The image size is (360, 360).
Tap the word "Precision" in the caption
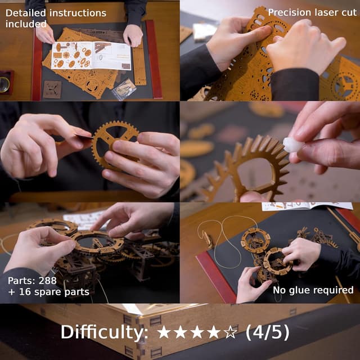point(290,12)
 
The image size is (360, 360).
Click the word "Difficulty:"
point(104,332)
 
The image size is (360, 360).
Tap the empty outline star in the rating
point(231,332)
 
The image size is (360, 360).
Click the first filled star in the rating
point(164,332)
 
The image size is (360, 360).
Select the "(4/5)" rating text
point(267,332)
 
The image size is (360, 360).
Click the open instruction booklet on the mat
point(90,55)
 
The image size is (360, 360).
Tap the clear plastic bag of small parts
point(124,89)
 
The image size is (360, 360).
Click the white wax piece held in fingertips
point(293,145)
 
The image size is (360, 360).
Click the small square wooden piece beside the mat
point(52,89)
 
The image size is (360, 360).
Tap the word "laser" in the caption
point(323,12)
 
